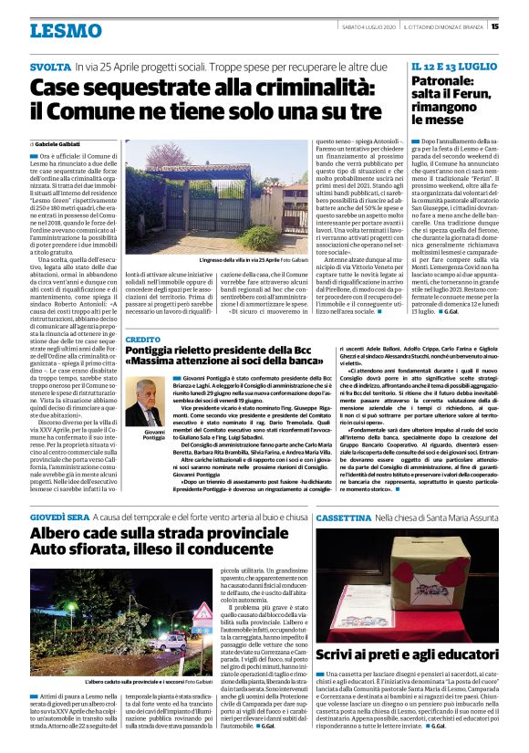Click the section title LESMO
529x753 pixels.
66,30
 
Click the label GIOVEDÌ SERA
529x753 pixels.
60,516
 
